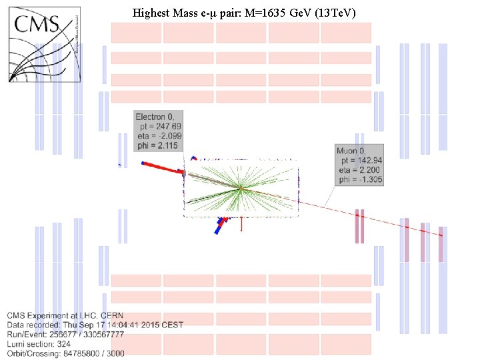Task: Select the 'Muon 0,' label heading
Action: click(x=353, y=151)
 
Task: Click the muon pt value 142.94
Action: click(x=367, y=161)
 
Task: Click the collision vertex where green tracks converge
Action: click(x=239, y=188)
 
